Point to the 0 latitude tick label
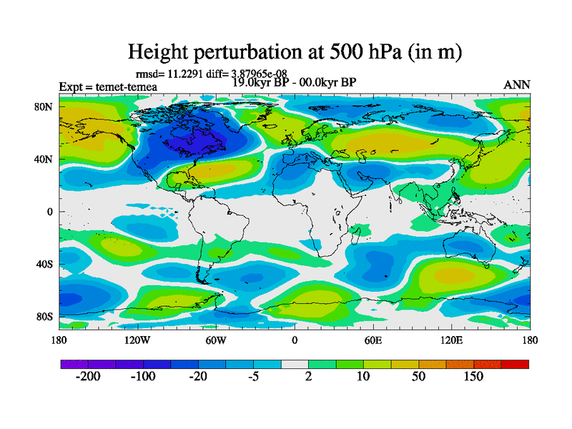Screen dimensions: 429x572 (x=50, y=212)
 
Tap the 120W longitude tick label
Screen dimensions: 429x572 (x=137, y=340)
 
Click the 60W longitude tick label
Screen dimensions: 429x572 (x=216, y=340)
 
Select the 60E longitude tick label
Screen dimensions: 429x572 (x=373, y=340)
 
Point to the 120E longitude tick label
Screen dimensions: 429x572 (x=451, y=340)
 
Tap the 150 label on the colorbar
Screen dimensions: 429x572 (x=474, y=377)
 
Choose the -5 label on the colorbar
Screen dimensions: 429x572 (x=254, y=377)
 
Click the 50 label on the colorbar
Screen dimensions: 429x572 (x=419, y=377)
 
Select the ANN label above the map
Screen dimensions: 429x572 (x=517, y=85)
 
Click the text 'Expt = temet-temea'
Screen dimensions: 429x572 (x=108, y=87)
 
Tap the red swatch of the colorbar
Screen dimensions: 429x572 (x=515, y=364)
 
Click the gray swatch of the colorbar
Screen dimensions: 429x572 (x=295, y=364)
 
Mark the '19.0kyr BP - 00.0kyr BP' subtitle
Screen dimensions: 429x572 (x=295, y=82)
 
